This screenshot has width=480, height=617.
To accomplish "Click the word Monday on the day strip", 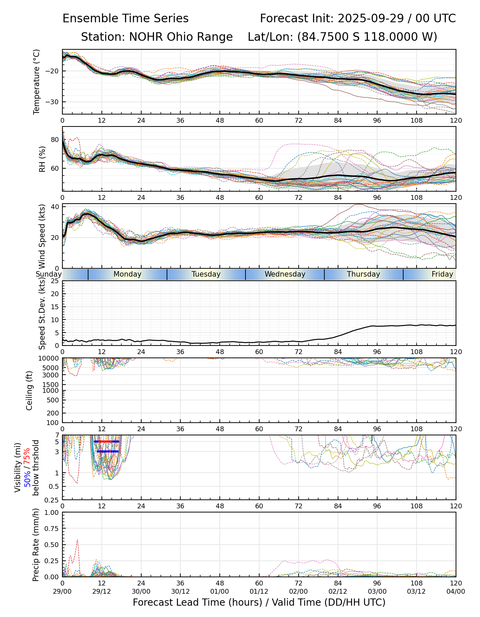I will (127, 274).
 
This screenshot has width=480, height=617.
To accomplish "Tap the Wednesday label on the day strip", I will (285, 274).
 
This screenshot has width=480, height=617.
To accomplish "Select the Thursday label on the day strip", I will (363, 274).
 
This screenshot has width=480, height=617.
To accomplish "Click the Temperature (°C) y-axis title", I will (37, 82).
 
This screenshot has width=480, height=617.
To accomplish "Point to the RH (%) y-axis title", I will (42, 159).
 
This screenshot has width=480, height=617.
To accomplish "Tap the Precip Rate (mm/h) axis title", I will (36, 545).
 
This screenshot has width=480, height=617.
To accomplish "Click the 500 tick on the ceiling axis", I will (53, 400).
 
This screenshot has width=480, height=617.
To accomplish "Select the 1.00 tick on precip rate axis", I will (51, 512).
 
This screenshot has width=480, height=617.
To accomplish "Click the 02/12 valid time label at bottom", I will (338, 591).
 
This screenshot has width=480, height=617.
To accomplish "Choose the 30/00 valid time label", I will (141, 591).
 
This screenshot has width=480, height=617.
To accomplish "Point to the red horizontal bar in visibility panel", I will (107, 441).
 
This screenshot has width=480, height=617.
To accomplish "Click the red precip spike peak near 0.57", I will (77, 540).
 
